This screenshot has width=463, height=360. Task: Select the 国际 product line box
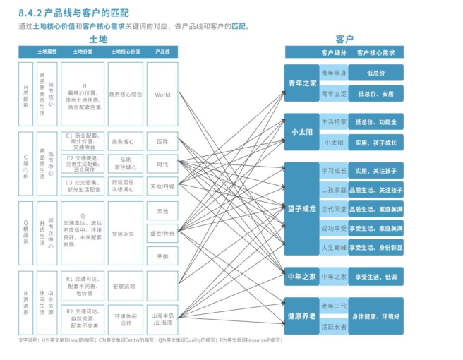(x=162, y=141)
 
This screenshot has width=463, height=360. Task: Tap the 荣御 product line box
(x=162, y=256)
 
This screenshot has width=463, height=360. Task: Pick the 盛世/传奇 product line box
(x=162, y=233)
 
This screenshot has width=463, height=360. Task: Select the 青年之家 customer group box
(x=302, y=83)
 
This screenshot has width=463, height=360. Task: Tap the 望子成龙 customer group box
(x=302, y=209)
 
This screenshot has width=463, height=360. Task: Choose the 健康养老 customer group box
(x=302, y=316)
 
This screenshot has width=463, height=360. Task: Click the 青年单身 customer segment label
(x=333, y=73)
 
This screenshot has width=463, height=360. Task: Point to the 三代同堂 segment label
(x=334, y=209)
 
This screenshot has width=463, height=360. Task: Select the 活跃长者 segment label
(x=334, y=327)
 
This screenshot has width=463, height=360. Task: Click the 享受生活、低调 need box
(x=375, y=277)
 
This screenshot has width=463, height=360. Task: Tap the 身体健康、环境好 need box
(x=375, y=316)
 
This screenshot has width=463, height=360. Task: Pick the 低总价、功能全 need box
(x=375, y=122)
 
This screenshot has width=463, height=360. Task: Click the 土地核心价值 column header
(x=125, y=52)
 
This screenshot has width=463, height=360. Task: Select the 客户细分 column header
(x=335, y=52)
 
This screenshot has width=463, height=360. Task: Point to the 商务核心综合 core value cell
(x=126, y=95)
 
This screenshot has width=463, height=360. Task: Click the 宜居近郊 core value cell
(x=126, y=233)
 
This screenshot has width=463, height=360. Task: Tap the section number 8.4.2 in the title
(x=33, y=11)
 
